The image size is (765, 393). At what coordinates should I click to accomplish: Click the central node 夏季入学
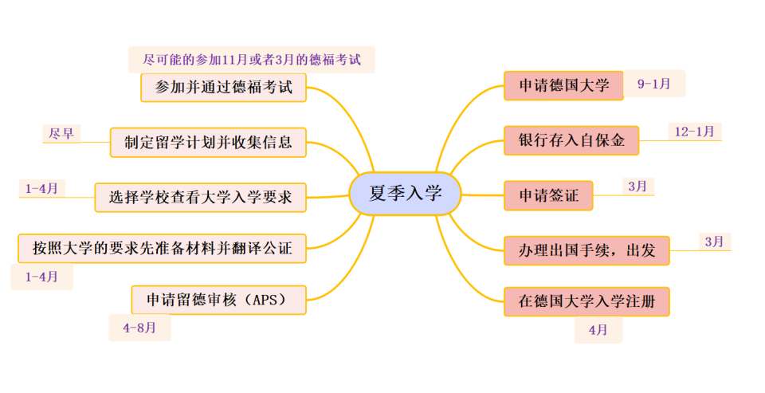coord(405,194)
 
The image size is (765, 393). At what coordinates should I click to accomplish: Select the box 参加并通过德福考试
coord(224,88)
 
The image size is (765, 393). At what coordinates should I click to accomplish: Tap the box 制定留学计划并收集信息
coord(207,143)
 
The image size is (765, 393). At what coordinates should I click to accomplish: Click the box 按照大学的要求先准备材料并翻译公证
coord(162,248)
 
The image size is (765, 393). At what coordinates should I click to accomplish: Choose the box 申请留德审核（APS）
coord(218,300)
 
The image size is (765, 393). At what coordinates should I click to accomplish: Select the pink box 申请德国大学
coord(563,85)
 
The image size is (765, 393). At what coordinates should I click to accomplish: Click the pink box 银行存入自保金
coord(571,140)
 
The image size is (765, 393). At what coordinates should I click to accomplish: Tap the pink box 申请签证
coord(548,195)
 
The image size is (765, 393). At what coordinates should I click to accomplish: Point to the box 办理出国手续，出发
coord(586,250)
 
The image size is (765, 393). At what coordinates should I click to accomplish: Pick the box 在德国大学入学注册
coord(586,301)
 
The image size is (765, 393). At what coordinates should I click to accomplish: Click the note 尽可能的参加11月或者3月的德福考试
coord(251,60)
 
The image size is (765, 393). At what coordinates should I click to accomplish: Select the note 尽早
coord(61,133)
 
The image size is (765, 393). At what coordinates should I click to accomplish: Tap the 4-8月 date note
coord(139,327)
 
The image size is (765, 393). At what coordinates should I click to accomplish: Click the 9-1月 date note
coord(653,83)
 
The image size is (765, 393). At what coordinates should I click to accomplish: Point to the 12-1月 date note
coord(693,131)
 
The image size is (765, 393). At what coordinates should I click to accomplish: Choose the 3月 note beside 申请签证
coord(637,186)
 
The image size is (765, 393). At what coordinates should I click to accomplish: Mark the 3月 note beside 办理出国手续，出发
coord(714,241)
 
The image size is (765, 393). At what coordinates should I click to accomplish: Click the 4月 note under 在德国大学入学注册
coord(598,328)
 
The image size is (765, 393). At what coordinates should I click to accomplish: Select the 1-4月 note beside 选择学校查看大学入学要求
coord(41,188)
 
